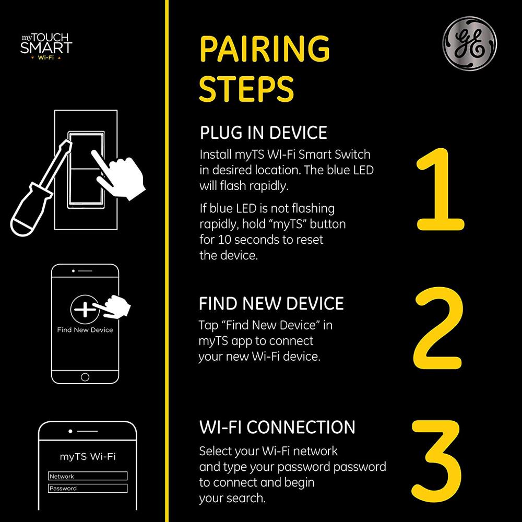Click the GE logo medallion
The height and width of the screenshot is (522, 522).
[469, 44]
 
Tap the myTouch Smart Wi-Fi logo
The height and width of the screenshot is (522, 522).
[46, 46]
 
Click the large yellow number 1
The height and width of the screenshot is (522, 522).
[440, 189]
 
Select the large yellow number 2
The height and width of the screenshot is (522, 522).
[438, 328]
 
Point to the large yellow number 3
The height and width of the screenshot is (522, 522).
[436, 461]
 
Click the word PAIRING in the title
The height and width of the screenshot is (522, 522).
[264, 49]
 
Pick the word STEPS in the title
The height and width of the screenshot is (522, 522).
[246, 89]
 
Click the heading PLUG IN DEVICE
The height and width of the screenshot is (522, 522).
[263, 133]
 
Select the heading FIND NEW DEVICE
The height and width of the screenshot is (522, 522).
[271, 303]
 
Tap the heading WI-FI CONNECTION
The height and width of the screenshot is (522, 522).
[277, 427]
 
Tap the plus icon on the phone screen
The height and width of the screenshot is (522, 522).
[85, 309]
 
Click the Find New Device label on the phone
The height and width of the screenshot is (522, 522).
[85, 330]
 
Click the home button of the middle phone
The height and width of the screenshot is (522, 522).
[85, 377]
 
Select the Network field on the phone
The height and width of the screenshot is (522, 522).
[88, 476]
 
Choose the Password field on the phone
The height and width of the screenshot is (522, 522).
[88, 489]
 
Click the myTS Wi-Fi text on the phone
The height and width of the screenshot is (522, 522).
[88, 456]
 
